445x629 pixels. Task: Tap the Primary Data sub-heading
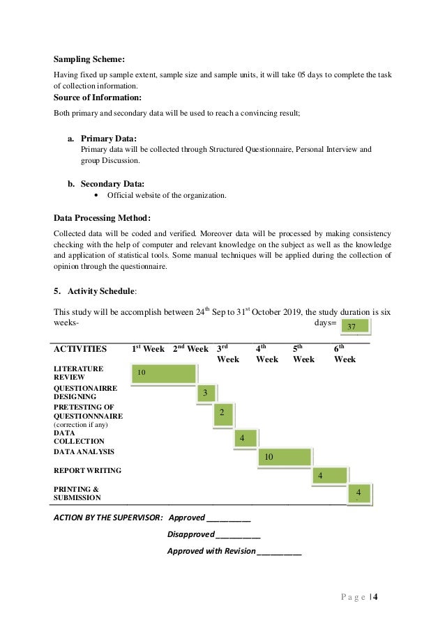point(109,138)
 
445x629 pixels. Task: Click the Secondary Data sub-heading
point(114,184)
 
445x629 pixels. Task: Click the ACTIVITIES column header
point(80,348)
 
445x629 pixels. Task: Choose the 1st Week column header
point(149,348)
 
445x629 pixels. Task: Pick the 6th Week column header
point(345,354)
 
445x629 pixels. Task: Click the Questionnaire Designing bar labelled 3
point(206,394)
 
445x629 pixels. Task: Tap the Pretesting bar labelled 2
point(222,413)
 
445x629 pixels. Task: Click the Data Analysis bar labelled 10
point(284,457)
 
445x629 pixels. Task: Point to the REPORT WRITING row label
point(87,470)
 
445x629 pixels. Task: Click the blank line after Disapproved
point(238,535)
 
